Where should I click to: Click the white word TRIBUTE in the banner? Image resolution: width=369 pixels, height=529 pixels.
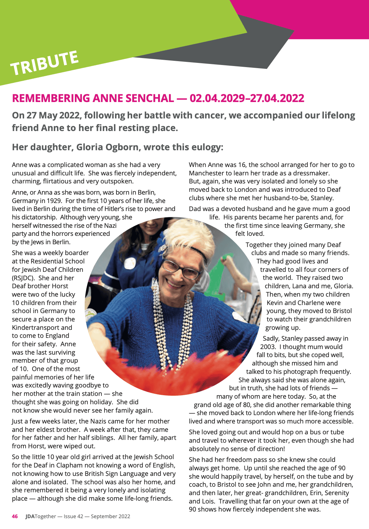[44, 63]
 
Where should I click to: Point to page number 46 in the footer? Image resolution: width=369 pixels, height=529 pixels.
[15, 516]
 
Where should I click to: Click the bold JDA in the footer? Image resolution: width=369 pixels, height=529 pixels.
[30, 516]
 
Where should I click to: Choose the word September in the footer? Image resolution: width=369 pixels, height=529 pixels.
[103, 516]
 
